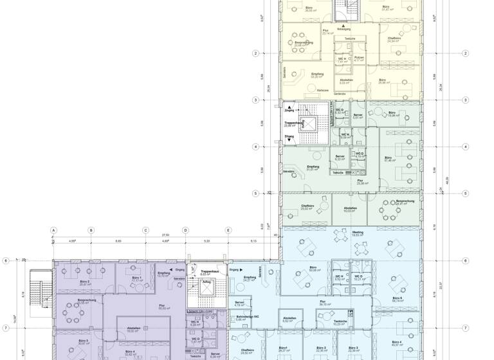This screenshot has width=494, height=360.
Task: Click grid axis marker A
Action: (x=54, y=230)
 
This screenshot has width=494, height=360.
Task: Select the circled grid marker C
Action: (x=146, y=230)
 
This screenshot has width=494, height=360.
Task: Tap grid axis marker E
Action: (x=228, y=230)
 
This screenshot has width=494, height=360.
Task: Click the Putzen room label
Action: (x=359, y=57)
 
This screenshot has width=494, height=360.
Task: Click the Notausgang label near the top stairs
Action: (x=345, y=29)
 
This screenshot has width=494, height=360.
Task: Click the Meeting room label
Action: (x=358, y=232)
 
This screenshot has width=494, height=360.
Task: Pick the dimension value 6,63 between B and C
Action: (x=118, y=241)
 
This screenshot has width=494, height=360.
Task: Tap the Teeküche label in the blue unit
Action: (x=341, y=322)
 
